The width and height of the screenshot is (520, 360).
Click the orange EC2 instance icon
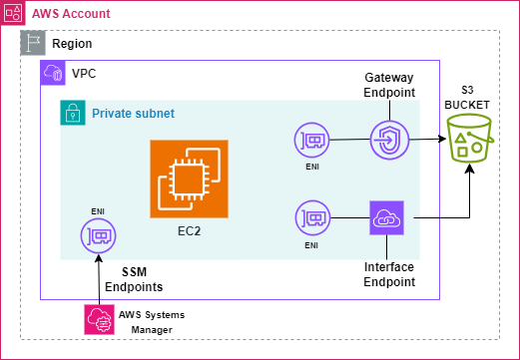pos(189,179)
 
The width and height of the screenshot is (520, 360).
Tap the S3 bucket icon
pos(469,139)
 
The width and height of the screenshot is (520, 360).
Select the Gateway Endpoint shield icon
pos(389,140)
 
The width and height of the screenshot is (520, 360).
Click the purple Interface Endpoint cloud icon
pos(386,217)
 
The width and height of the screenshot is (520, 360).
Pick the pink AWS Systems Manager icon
pos(99,319)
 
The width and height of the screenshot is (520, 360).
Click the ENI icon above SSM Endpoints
pos(98,235)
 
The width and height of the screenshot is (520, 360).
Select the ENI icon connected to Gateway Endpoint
pos(311,140)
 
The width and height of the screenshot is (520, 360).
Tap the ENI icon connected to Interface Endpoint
pos(312,217)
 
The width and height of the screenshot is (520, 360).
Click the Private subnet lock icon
pos(73,113)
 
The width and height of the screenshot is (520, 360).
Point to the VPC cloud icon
pos(53,73)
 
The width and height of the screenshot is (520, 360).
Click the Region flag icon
pos(33,43)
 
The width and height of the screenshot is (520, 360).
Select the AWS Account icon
pos(13,13)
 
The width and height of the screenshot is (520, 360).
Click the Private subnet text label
pos(133,114)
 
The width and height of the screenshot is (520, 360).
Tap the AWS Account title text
pos(71,14)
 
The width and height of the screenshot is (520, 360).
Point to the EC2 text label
pos(189,231)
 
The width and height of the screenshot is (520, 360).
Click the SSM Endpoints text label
pos(134,279)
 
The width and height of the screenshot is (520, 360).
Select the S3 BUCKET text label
pos(467,98)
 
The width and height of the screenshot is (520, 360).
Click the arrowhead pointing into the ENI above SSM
pos(99,258)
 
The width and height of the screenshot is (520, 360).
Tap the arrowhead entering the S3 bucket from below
pos(469,169)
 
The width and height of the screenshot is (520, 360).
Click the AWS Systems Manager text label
pos(152,322)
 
